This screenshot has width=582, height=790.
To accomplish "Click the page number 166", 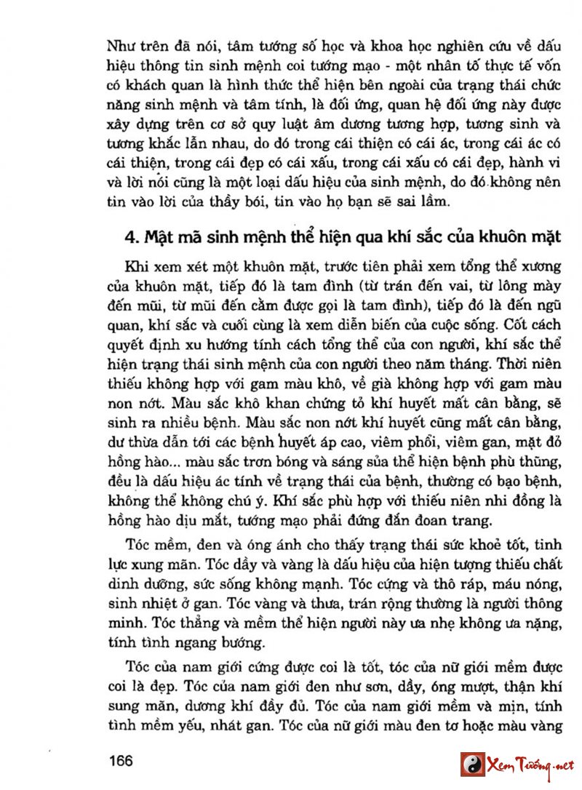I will (x=120, y=761).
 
